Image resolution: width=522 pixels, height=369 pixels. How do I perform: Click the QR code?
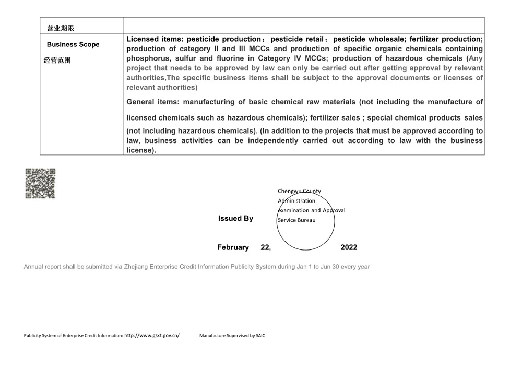click(40, 183)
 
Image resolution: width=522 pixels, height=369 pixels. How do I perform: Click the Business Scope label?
click(73, 45)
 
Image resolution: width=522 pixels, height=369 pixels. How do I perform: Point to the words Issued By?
click(235, 219)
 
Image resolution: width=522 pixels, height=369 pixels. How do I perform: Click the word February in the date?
click(233, 247)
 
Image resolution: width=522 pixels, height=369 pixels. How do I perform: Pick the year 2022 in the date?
click(348, 247)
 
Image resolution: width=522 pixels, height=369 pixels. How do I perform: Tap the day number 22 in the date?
click(265, 247)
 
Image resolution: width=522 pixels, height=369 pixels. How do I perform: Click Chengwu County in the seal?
click(300, 192)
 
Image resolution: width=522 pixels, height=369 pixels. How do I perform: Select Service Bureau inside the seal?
click(296, 220)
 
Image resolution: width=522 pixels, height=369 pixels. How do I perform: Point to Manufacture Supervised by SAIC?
click(232, 335)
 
